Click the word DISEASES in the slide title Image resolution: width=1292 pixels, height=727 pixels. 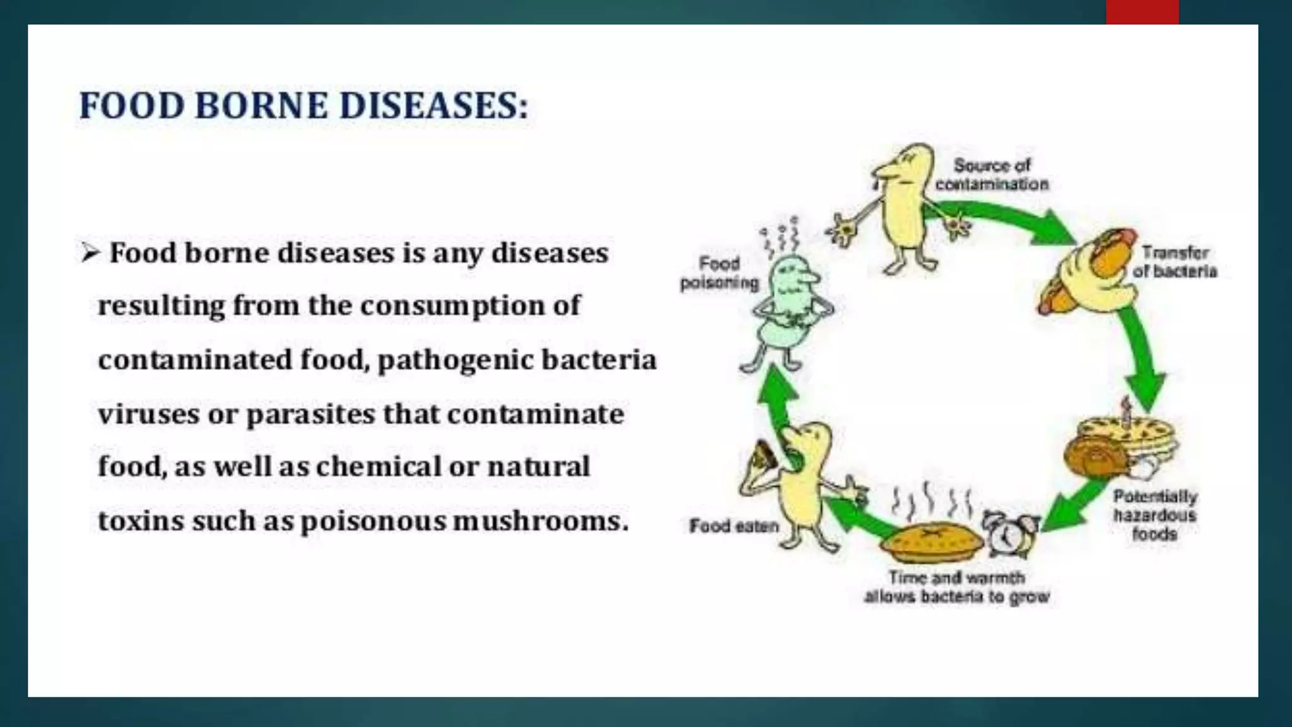tap(434, 106)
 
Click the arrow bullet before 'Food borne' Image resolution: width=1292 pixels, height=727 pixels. tap(90, 253)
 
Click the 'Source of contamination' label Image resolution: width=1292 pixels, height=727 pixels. tap(992, 175)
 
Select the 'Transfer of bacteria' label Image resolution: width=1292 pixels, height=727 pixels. tap(1174, 262)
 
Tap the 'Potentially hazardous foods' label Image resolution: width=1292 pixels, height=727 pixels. tap(1154, 515)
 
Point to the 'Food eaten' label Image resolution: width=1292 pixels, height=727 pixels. tap(734, 526)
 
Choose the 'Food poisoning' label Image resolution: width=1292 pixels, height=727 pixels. tap(719, 273)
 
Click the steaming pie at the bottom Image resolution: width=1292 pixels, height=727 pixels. tap(932, 541)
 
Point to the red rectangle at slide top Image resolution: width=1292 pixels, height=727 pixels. tap(1142, 11)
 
